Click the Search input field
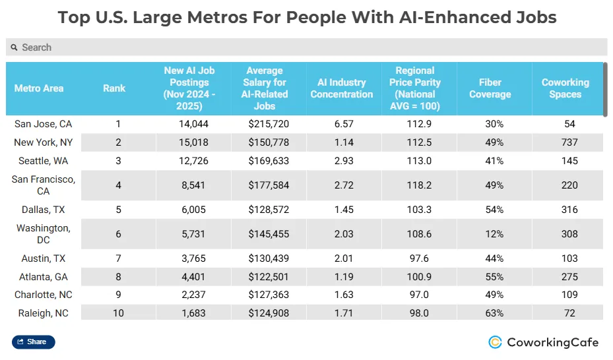point(306,47)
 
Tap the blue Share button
point(33,342)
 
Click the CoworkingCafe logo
point(543,342)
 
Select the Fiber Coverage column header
point(490,88)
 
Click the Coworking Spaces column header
point(565,88)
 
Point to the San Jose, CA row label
point(44,124)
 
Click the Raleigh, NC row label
point(44,313)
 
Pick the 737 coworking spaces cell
point(569,142)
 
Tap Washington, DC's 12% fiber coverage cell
point(494,234)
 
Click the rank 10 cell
point(118,313)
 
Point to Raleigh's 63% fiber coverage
point(494,313)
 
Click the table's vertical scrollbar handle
point(604,88)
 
